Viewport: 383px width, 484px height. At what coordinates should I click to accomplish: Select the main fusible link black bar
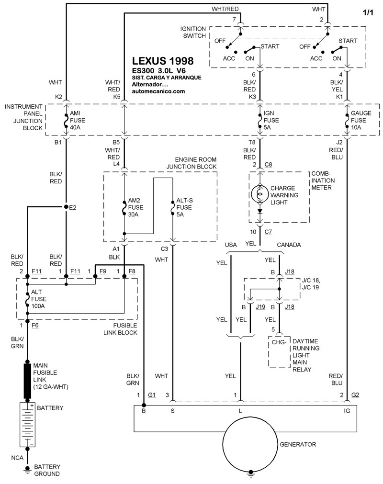(x=28, y=381)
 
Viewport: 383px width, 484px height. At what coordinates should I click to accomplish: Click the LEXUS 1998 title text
(x=163, y=61)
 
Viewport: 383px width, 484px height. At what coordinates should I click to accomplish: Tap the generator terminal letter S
(x=172, y=411)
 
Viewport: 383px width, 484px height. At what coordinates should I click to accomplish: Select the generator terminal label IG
(x=347, y=411)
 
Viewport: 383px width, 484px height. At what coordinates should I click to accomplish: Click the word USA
(x=232, y=245)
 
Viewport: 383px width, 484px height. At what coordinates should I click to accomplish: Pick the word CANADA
(x=289, y=245)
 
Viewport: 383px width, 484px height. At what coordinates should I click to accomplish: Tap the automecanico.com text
(x=158, y=92)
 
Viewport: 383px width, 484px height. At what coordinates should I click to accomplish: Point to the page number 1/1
(x=368, y=13)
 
